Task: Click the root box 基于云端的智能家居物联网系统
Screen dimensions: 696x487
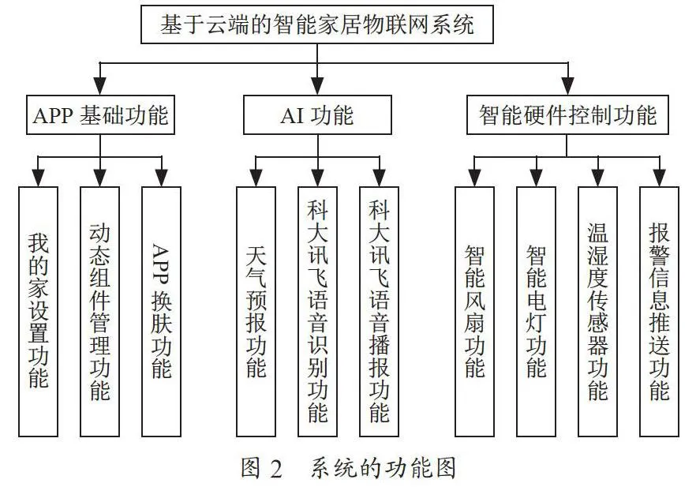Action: pyautogui.click(x=317, y=24)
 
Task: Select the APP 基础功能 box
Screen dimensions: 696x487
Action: pyautogui.click(x=100, y=115)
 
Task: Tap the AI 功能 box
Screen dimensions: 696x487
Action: pyautogui.click(x=317, y=115)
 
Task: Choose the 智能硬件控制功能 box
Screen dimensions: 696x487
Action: pyautogui.click(x=567, y=115)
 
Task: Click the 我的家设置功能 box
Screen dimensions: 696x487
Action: pyautogui.click(x=38, y=312)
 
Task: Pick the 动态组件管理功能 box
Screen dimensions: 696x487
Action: pyautogui.click(x=100, y=312)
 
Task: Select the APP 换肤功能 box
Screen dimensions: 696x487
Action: pyautogui.click(x=161, y=312)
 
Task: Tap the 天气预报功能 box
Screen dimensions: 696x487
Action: pyautogui.click(x=256, y=312)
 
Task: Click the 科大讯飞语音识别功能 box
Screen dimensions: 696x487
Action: pyautogui.click(x=317, y=312)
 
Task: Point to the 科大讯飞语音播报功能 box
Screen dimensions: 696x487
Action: pyautogui.click(x=379, y=312)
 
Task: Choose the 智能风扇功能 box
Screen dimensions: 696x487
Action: pyautogui.click(x=475, y=312)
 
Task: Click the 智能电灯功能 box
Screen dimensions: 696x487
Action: pyautogui.click(x=537, y=312)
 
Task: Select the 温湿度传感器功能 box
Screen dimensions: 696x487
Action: pyautogui.click(x=597, y=312)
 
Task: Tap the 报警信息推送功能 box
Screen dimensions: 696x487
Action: pyautogui.click(x=659, y=312)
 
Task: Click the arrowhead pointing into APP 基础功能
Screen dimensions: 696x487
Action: pyautogui.click(x=100, y=86)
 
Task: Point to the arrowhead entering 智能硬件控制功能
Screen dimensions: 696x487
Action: pyautogui.click(x=568, y=86)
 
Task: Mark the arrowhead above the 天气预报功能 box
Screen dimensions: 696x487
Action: pyautogui.click(x=256, y=177)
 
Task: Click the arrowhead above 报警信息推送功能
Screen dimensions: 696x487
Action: pyautogui.click(x=659, y=177)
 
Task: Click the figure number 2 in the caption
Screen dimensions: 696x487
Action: pyautogui.click(x=275, y=468)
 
